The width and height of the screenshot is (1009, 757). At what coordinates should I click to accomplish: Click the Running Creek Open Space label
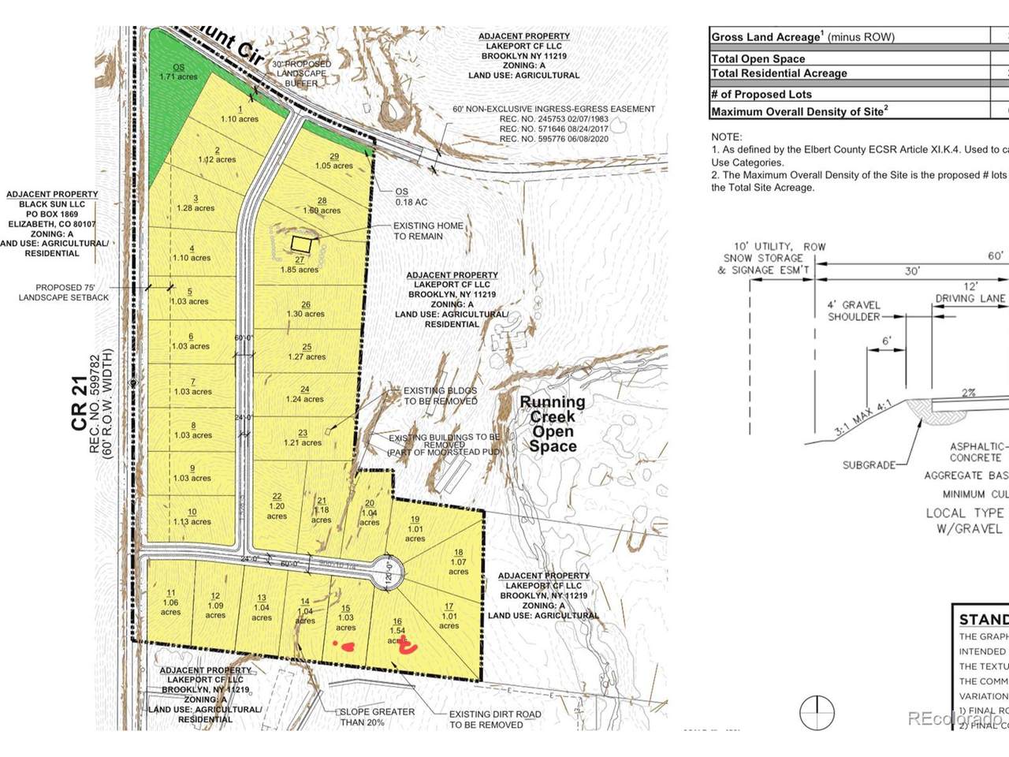coord(552,423)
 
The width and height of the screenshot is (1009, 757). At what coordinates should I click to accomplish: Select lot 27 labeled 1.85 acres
coord(300,264)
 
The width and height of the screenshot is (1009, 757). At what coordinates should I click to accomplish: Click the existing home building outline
coord(300,244)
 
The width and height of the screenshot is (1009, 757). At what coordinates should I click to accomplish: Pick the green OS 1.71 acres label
coord(178,72)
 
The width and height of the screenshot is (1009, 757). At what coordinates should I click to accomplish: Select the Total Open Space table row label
coord(758,58)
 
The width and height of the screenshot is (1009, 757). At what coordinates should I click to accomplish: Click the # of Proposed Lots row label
coord(761,94)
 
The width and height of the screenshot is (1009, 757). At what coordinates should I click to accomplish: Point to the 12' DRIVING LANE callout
coord(970,292)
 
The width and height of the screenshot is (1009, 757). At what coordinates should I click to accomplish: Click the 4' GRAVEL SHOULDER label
coord(854,311)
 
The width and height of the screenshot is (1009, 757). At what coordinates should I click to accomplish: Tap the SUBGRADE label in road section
coord(869,465)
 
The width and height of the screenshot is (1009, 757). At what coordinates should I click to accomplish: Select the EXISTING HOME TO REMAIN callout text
coord(428,230)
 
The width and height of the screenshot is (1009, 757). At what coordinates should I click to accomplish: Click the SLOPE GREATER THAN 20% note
coord(377,717)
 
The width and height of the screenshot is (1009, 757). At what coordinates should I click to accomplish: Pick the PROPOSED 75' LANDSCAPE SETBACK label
coord(64,292)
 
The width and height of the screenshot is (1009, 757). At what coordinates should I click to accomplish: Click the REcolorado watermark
coord(955,718)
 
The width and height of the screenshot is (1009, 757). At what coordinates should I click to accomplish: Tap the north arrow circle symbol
coord(817,713)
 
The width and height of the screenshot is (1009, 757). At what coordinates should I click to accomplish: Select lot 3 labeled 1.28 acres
coord(195,203)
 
